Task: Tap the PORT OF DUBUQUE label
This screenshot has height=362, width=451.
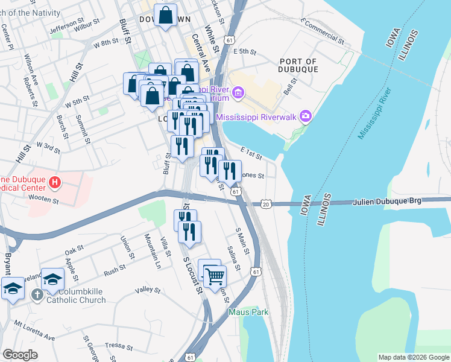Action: tap(298, 65)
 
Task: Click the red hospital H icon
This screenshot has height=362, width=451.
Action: tap(55, 182)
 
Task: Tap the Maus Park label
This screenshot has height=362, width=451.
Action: tap(248, 312)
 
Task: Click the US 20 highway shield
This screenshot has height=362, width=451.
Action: tap(266, 204)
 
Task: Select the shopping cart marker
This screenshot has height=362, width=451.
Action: tap(215, 277)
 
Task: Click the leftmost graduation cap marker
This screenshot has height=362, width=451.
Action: tap(13, 289)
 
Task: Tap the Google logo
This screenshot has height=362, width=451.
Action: tap(20, 355)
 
